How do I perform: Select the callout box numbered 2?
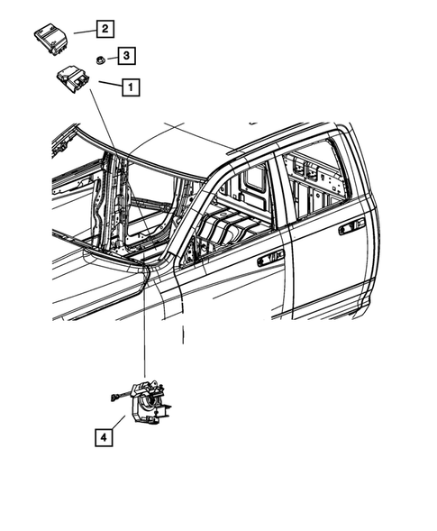point(105,29)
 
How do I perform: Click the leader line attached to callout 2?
point(81,30)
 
